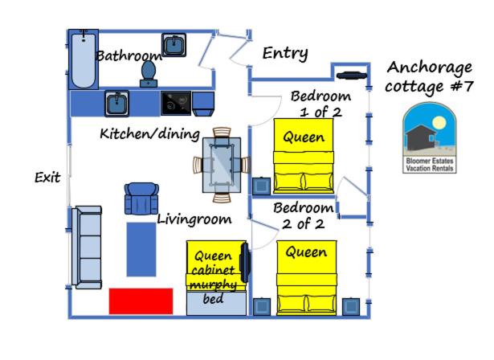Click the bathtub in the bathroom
84,59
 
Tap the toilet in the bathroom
149,74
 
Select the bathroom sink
174,45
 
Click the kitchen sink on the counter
117,104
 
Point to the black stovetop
176,104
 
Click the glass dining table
222,165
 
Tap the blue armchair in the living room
141,198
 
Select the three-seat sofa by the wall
87,247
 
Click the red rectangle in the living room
141,301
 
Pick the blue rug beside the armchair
141,249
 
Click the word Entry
285,53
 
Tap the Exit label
47,178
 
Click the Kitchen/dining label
150,134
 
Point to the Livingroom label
194,219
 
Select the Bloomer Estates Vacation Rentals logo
430,137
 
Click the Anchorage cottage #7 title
430,77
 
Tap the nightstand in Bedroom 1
262,186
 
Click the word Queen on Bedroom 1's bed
304,137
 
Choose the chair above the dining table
222,133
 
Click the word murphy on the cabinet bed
214,285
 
